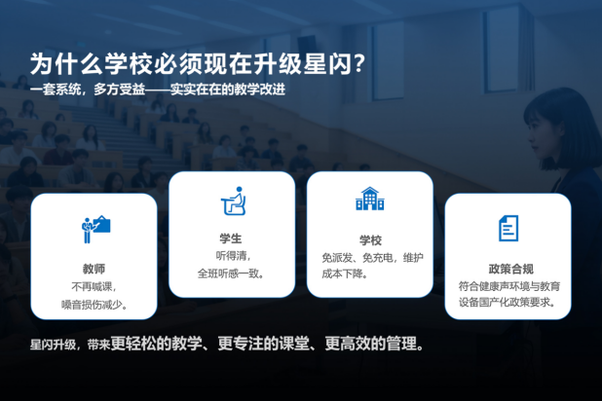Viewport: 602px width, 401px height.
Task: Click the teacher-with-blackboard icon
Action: [96, 229]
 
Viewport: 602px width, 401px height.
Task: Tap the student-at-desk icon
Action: [233, 200]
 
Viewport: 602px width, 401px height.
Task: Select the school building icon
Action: [370, 199]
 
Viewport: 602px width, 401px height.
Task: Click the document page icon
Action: [508, 228]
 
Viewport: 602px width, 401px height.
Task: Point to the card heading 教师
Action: [94, 269]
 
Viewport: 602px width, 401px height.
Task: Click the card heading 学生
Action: [231, 238]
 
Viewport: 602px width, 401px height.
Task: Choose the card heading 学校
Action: [370, 240]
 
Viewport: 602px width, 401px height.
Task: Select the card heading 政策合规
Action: [511, 269]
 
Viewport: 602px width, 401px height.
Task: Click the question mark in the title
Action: [359, 63]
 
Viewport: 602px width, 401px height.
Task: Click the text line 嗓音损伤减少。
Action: [94, 305]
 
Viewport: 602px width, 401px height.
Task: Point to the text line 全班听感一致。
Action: [231, 273]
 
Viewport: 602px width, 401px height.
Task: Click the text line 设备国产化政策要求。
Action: [508, 302]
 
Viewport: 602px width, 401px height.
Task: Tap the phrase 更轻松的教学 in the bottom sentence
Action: [156, 344]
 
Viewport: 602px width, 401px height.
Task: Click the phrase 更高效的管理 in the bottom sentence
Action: [371, 344]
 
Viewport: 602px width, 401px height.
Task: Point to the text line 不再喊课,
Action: [94, 287]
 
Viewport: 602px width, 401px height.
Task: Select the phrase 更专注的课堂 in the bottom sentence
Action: [263, 344]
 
